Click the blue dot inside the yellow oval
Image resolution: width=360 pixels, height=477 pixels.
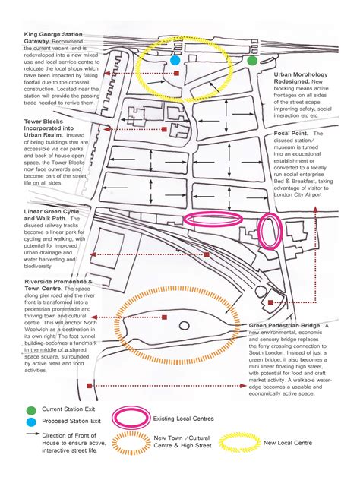175,59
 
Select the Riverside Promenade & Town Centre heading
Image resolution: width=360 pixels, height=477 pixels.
58,285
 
